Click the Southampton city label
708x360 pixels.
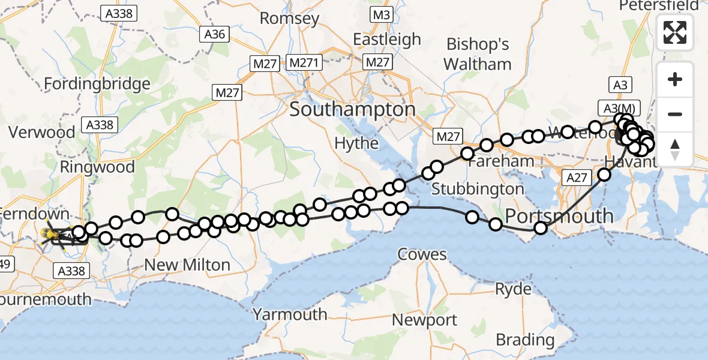tap(352, 110)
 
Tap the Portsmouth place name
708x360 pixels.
tap(560, 216)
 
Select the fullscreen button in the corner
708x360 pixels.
tap(675, 32)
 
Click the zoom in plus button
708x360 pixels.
tap(675, 79)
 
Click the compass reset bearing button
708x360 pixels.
tap(675, 149)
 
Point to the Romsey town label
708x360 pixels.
tap(289, 18)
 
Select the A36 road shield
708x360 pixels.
tap(214, 34)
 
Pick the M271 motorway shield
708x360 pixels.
tap(305, 62)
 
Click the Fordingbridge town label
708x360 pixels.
tap(97, 84)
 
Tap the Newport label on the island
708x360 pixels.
tap(425, 320)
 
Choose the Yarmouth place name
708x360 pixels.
tap(290, 314)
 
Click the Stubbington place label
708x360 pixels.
tap(478, 189)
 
